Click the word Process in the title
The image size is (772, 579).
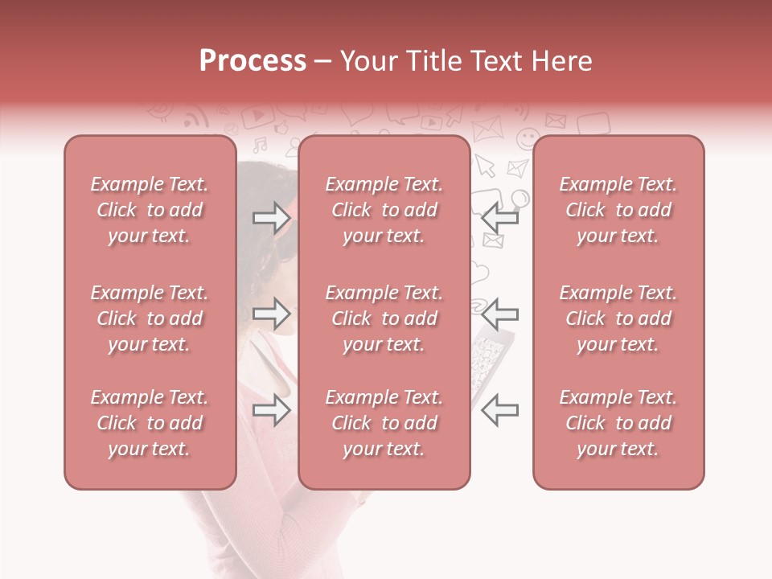(x=253, y=61)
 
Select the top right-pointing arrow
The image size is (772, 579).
(x=271, y=216)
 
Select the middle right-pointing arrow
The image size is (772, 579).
(x=271, y=313)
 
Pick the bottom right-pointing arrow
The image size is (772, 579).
(x=271, y=410)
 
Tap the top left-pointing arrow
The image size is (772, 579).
(x=499, y=216)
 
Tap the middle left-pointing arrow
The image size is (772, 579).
(x=499, y=313)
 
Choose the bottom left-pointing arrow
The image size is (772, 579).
(x=499, y=410)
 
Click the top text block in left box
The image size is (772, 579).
(x=150, y=210)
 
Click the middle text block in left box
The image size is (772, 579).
(x=150, y=318)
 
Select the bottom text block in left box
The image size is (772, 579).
(x=150, y=423)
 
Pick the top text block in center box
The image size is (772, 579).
(x=384, y=210)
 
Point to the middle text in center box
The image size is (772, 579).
(x=384, y=318)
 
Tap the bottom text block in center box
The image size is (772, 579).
(x=384, y=423)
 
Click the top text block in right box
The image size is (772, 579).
(x=618, y=210)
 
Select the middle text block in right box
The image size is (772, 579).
(x=618, y=318)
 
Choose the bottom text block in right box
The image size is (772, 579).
(x=618, y=423)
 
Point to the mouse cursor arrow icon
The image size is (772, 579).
(x=485, y=165)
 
